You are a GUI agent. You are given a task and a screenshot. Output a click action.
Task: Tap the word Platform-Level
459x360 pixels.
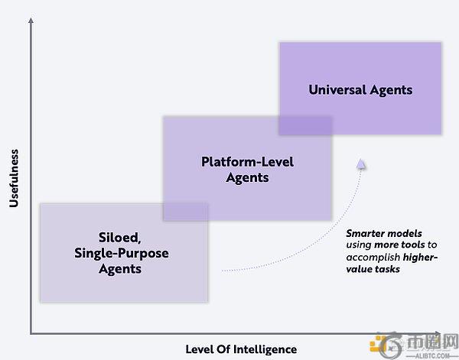pyautogui.click(x=247, y=162)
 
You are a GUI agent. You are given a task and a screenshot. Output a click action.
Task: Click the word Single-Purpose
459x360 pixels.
pyautogui.click(x=121, y=253)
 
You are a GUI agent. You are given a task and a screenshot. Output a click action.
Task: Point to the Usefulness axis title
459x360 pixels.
pyautogui.click(x=14, y=178)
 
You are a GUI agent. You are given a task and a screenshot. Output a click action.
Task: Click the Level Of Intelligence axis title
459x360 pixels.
pyautogui.click(x=241, y=349)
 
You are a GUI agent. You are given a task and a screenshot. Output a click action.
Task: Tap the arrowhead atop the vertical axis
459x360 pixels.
pyautogui.click(x=31, y=20)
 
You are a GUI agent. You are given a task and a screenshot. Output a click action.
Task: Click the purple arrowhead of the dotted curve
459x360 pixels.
pyautogui.click(x=361, y=164)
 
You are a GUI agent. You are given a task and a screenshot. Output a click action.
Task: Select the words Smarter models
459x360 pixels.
pyautogui.click(x=384, y=233)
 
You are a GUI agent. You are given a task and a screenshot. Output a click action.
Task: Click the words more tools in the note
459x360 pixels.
pyautogui.click(x=399, y=245)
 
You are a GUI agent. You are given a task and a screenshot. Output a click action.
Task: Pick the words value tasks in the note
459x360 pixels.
pyautogui.click(x=373, y=269)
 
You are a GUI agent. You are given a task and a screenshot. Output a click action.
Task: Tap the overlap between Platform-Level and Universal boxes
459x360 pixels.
pyautogui.click(x=305, y=126)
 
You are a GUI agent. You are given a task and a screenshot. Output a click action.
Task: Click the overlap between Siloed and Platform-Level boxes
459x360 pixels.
pyautogui.click(x=186, y=212)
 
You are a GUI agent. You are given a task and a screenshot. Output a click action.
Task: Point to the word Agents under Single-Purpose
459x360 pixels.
pyautogui.click(x=120, y=269)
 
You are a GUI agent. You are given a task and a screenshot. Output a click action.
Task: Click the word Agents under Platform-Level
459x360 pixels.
pyautogui.click(x=247, y=178)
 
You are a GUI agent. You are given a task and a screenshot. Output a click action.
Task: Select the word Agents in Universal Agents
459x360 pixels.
pyautogui.click(x=391, y=90)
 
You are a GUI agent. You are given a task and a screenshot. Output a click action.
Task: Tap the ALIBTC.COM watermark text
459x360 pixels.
pyautogui.click(x=432, y=356)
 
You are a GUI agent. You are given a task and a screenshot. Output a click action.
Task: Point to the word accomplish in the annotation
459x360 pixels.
pyautogui.click(x=373, y=258)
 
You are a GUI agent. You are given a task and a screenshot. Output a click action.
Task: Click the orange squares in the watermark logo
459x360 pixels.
pyautogui.click(x=376, y=344)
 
